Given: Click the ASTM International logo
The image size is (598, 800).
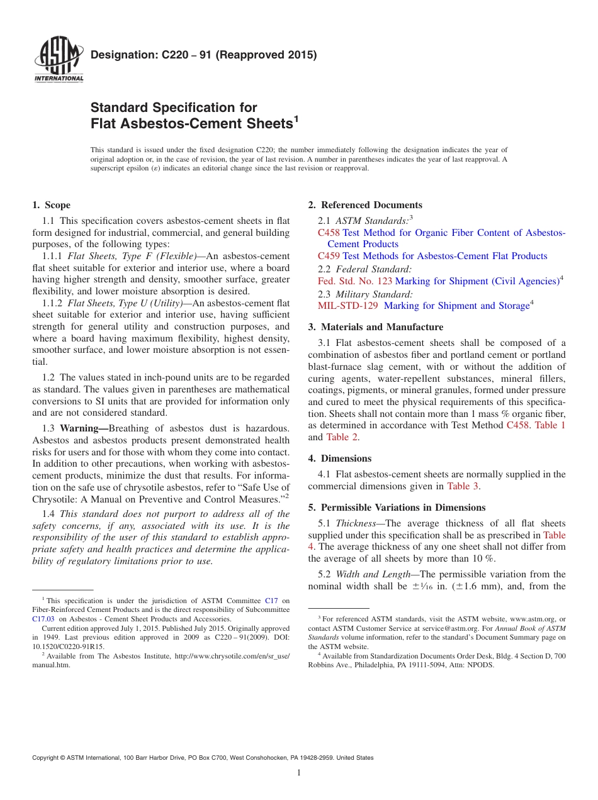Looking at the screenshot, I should click(x=58, y=61).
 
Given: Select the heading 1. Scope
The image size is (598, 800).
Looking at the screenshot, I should click(x=51, y=205).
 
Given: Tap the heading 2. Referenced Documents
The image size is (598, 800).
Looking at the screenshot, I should click(x=365, y=205).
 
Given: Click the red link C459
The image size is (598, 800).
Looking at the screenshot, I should click(x=329, y=256).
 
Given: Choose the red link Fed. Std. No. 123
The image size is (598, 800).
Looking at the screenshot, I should click(x=354, y=281).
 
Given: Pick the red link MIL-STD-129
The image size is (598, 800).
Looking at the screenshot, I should click(x=348, y=306).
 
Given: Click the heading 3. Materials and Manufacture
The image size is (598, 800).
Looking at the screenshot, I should click(x=375, y=327).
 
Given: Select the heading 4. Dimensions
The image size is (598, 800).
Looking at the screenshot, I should click(x=340, y=458).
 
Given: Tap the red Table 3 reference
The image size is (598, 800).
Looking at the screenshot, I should click(x=463, y=486).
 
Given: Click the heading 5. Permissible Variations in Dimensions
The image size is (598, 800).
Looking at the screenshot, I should click(x=397, y=508).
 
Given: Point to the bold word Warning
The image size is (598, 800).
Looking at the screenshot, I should click(x=84, y=428).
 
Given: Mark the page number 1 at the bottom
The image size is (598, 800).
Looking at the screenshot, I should click(x=299, y=773).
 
